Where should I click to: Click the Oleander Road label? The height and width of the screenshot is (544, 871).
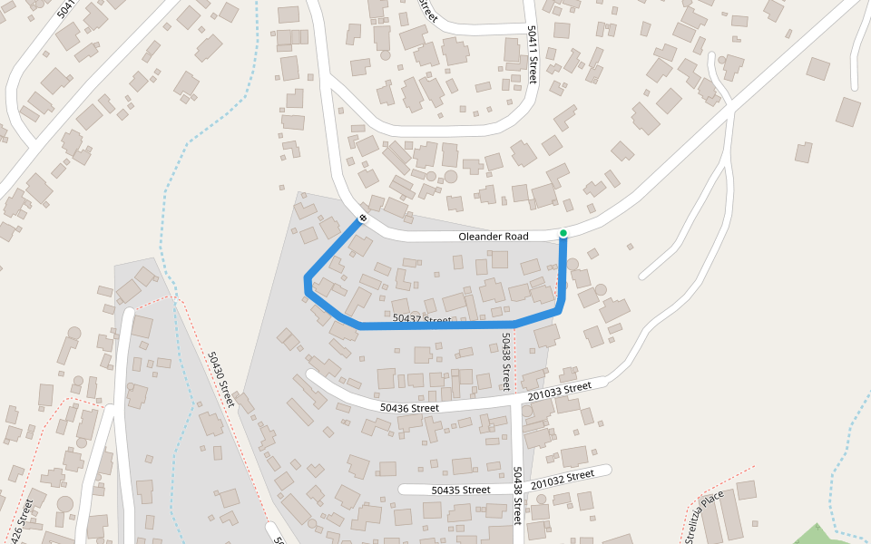pyautogui.click(x=493, y=237)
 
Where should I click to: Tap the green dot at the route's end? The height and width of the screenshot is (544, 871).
pyautogui.click(x=563, y=234)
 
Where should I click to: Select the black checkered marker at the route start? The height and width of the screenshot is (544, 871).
pyautogui.click(x=362, y=218)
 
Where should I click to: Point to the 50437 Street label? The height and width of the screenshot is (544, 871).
pyautogui.click(x=422, y=319)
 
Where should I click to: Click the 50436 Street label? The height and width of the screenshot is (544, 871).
pyautogui.click(x=409, y=408)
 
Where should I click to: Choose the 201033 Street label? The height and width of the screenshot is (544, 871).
pyautogui.click(x=560, y=389)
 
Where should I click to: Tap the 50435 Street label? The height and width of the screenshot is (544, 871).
pyautogui.click(x=460, y=490)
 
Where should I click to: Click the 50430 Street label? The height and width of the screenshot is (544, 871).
pyautogui.click(x=220, y=381)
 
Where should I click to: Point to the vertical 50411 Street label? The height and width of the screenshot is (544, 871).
pyautogui.click(x=533, y=53)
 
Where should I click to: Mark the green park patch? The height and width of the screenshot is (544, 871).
pyautogui.click(x=821, y=535)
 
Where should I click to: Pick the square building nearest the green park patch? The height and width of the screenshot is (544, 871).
pyautogui.click(x=747, y=491)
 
